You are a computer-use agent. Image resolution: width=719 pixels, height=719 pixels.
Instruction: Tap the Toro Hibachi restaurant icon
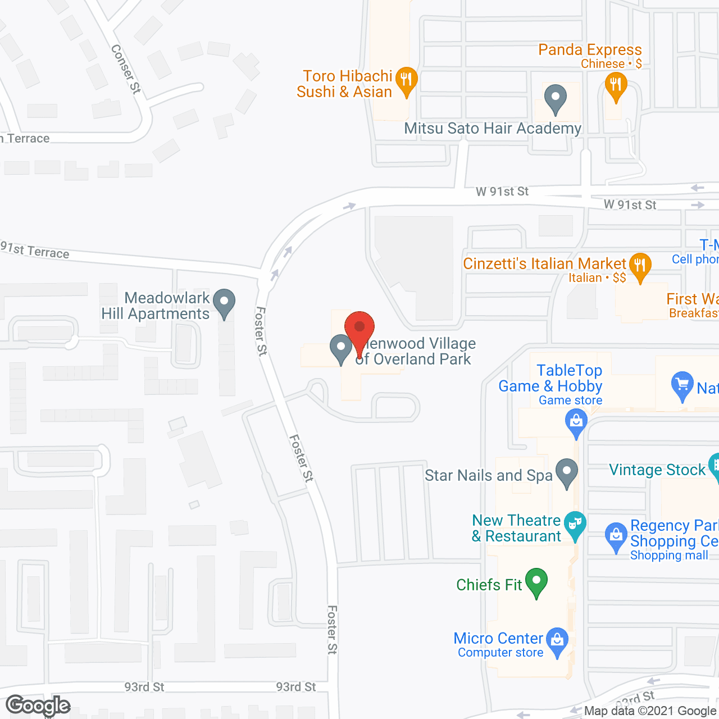click(406, 80)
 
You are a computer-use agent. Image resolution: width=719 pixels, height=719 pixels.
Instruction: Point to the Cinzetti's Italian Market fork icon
click(640, 266)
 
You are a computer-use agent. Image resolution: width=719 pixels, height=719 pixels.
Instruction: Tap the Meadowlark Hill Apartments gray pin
click(224, 302)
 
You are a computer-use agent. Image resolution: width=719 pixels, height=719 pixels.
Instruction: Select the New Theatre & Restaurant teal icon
click(575, 525)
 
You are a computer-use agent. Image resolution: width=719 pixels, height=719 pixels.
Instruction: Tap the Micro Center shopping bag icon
click(557, 640)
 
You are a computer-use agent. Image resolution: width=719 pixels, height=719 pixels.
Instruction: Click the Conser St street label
click(125, 69)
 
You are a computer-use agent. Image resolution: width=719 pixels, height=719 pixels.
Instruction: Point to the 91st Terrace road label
click(35, 250)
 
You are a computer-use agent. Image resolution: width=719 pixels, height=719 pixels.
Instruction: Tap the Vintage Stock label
click(657, 470)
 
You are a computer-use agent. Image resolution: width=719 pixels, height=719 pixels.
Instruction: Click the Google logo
click(38, 706)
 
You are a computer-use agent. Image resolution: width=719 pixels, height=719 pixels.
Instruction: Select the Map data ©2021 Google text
click(650, 711)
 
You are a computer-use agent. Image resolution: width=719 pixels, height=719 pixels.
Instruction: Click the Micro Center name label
click(498, 638)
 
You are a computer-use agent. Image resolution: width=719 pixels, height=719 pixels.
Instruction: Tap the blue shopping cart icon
click(682, 385)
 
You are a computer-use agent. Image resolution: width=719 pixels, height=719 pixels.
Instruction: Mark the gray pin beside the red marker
click(340, 348)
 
